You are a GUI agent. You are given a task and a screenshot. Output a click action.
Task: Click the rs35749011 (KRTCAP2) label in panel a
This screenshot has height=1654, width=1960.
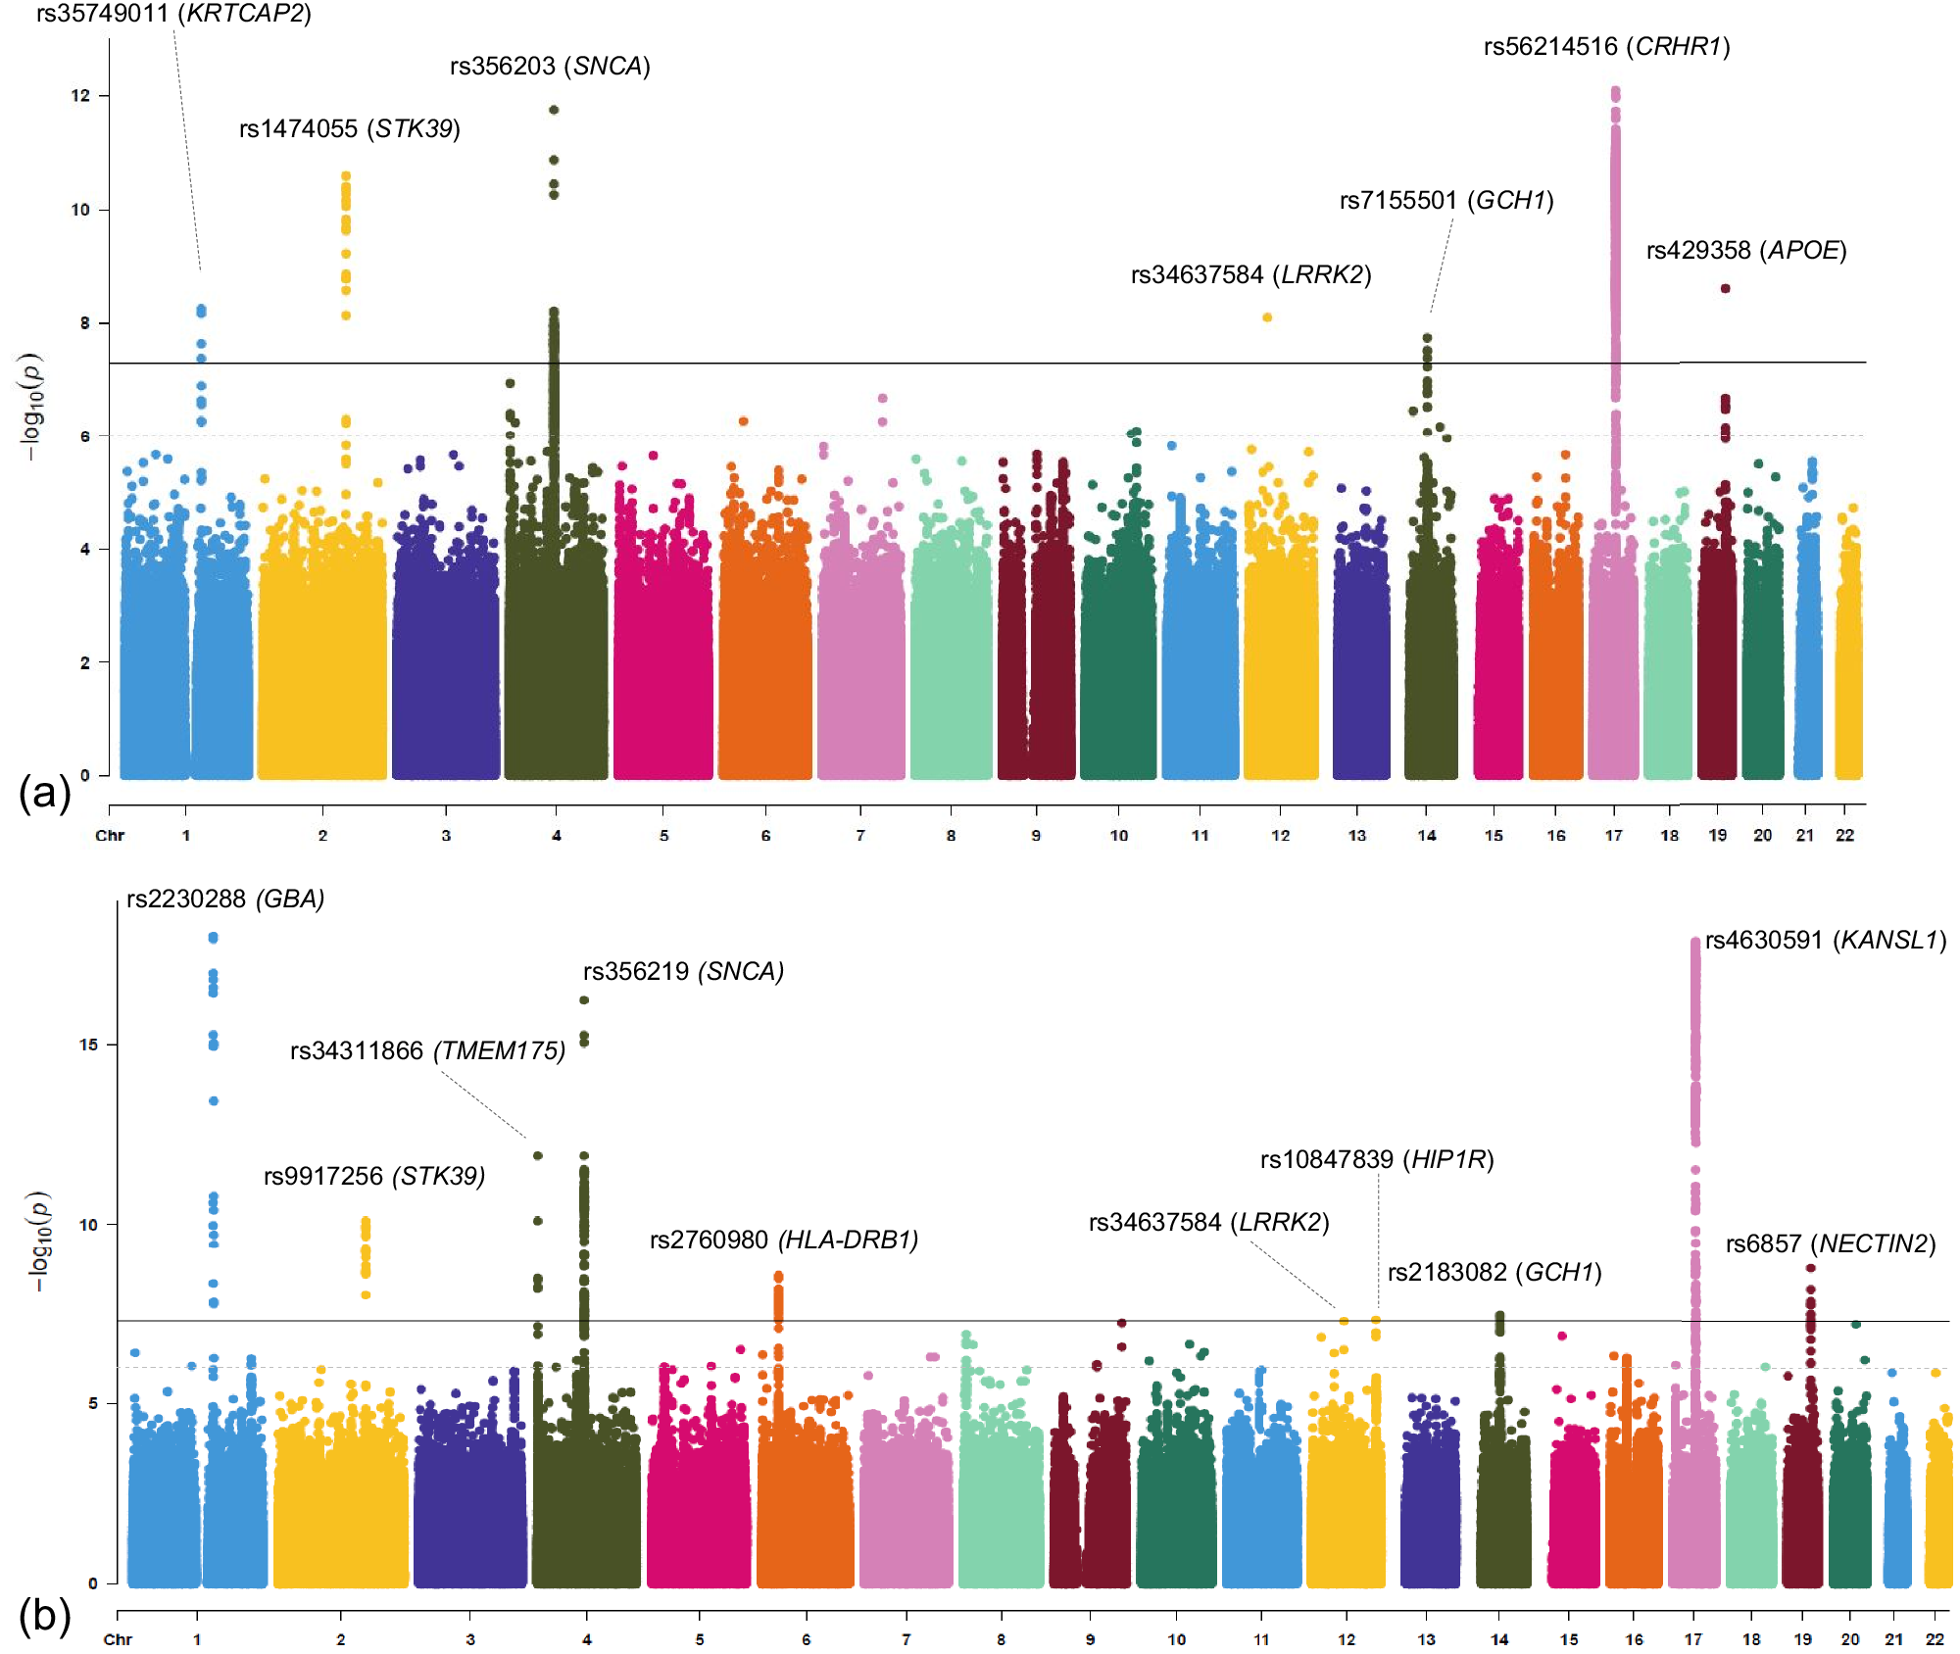tap(173, 14)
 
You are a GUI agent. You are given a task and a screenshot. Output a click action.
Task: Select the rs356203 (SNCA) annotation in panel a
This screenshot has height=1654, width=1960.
tap(550, 66)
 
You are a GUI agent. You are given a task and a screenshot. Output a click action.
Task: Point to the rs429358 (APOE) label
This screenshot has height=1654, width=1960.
tap(1745, 251)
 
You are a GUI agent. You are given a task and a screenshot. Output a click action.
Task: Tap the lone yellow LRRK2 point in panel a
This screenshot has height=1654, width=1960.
tap(1267, 317)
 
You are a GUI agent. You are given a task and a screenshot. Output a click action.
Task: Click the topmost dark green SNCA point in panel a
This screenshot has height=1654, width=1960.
tap(554, 110)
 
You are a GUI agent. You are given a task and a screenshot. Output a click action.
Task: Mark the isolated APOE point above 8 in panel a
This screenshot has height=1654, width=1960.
tap(1725, 288)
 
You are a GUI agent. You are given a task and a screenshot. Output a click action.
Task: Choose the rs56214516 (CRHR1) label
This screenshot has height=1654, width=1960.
tap(1606, 47)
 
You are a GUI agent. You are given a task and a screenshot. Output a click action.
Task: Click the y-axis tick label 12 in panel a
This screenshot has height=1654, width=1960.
tap(79, 96)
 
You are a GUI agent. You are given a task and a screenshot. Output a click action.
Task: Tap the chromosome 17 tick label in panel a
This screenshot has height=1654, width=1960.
tap(1613, 836)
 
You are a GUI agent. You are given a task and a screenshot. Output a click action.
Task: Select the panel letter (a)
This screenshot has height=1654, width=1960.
tap(44, 792)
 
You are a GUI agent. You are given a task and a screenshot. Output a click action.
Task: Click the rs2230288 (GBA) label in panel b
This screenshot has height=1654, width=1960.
tap(225, 899)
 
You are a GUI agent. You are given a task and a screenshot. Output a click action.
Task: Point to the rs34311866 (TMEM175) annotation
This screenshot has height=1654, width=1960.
tap(427, 1050)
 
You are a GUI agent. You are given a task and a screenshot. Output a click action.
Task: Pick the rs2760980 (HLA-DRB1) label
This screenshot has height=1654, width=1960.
tap(784, 1240)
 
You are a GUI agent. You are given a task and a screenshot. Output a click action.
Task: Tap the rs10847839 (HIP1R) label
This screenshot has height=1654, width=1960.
tap(1376, 1160)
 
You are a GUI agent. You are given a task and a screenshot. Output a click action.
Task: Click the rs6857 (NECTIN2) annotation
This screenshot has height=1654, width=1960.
tap(1830, 1243)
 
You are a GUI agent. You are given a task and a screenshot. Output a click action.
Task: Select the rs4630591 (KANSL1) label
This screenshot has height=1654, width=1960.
tap(1825, 941)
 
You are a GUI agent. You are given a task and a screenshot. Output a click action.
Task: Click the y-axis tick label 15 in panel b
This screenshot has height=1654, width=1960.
tap(88, 1045)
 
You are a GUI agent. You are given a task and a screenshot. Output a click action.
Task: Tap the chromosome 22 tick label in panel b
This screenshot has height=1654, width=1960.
tap(1935, 1639)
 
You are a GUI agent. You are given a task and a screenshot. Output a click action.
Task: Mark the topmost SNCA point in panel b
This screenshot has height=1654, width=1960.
tap(584, 1000)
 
